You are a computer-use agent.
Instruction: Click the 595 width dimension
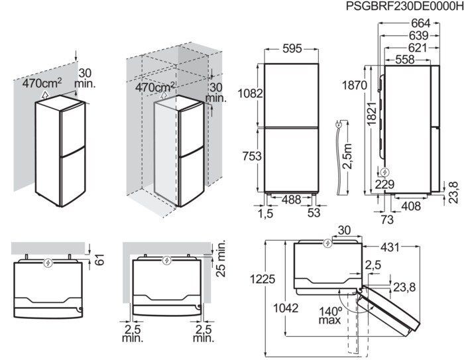(292, 49)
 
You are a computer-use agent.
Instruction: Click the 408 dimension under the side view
(412, 206)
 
